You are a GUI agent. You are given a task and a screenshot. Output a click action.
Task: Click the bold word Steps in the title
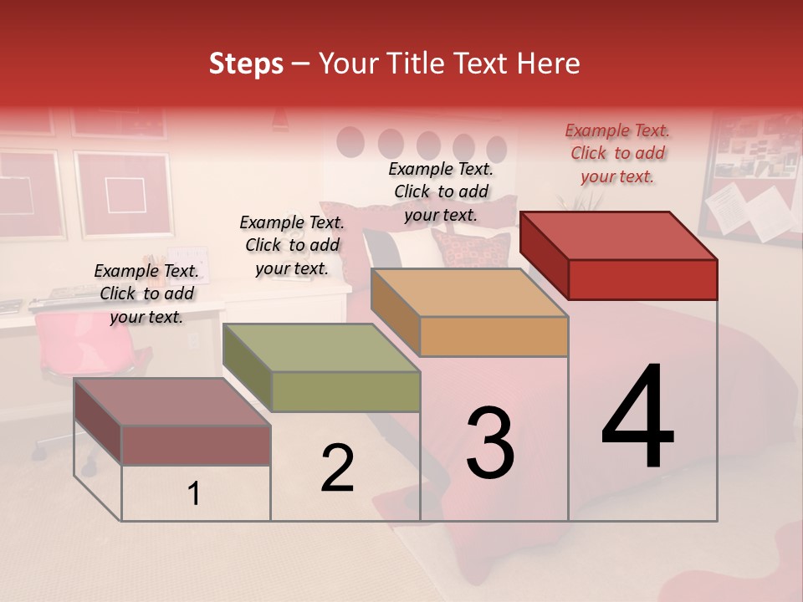pos(246,64)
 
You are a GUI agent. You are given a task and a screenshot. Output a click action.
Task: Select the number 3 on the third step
pos(489,443)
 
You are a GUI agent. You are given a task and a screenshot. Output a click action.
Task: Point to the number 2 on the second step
pos(337,468)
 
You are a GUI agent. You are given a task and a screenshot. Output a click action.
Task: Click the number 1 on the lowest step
pos(194,494)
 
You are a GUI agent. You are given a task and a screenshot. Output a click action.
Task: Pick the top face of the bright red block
pos(619,236)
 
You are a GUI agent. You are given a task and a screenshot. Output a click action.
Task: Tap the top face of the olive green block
pos(322,348)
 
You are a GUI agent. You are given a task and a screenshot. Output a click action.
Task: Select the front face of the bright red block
pos(642,279)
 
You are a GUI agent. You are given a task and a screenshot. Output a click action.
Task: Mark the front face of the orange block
pos(494,336)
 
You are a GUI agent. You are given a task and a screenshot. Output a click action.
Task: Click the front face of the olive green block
pos(345,391)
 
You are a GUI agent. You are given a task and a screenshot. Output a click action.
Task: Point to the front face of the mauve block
pos(197,445)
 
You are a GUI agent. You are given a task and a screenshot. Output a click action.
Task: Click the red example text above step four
pos(617,153)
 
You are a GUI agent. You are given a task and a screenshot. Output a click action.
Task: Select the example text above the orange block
pos(441,191)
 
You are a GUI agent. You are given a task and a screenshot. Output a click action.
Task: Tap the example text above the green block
pos(292,245)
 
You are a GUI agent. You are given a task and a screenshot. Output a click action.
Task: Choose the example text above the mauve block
pos(146,293)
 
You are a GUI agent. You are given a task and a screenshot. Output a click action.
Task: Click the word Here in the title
pos(547,64)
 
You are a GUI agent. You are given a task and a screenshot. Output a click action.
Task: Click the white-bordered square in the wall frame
pos(125,194)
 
